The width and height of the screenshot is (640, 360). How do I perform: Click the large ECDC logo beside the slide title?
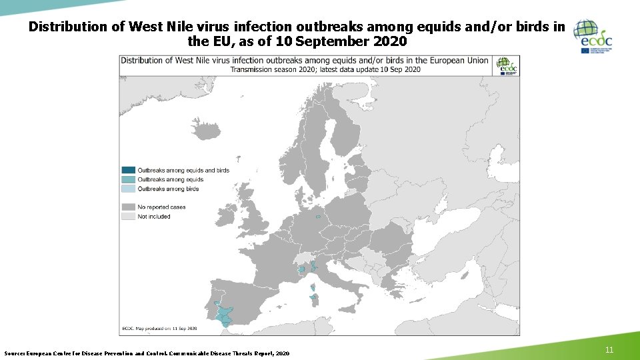(x=593, y=36)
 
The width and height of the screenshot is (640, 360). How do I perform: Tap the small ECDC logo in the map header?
(x=507, y=65)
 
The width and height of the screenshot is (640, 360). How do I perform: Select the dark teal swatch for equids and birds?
(x=128, y=170)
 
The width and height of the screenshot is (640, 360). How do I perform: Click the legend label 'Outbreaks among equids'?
(x=170, y=179)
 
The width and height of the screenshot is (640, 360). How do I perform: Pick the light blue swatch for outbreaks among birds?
(x=128, y=189)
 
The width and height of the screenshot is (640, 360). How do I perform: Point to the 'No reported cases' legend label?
(x=161, y=207)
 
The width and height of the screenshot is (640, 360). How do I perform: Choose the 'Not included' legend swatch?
(x=128, y=217)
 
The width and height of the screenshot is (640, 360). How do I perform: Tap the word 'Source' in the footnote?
(x=15, y=353)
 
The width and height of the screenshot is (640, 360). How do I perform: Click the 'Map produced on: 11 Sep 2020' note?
(x=160, y=329)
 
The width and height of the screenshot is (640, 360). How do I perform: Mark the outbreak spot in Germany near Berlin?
(x=319, y=216)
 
